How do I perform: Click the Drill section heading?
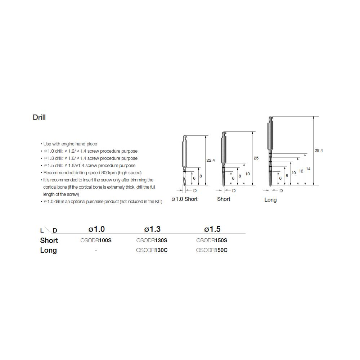[x=39, y=117]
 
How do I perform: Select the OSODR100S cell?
[x=96, y=240]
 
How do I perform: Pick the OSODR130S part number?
[x=152, y=240]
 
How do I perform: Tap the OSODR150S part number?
[x=212, y=240]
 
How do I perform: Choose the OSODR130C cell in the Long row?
[x=152, y=250]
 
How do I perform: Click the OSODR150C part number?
[x=212, y=250]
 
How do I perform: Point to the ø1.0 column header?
[x=96, y=229]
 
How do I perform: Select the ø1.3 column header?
[x=152, y=229]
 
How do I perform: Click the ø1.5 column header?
[x=212, y=229]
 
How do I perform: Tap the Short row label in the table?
[x=49, y=240]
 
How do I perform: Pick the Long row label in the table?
[x=49, y=250]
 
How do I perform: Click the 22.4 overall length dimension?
[x=211, y=160]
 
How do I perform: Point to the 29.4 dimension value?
[x=319, y=150]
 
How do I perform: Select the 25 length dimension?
[x=256, y=158]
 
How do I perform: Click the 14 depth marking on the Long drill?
[x=308, y=169]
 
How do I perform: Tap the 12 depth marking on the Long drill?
[x=301, y=171]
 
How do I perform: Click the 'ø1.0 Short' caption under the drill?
[x=185, y=199]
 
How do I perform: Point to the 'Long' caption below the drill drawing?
[x=270, y=200]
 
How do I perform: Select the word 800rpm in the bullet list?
[x=109, y=173]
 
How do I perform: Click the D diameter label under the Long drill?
[x=281, y=191]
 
